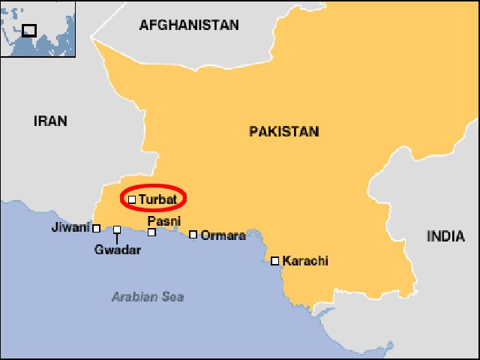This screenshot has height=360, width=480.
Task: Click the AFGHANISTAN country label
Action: tap(189, 25)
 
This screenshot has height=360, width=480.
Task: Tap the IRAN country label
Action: tap(50, 121)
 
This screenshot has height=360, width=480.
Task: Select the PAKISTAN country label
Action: tap(283, 131)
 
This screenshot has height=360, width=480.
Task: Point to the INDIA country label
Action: tap(445, 236)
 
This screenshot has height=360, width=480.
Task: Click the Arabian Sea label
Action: tap(148, 296)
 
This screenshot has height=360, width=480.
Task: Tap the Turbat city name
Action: tap(157, 199)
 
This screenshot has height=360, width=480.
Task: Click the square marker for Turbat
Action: tap(132, 199)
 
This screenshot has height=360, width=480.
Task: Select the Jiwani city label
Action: tap(70, 227)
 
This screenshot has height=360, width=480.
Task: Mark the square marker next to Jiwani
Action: tap(96, 228)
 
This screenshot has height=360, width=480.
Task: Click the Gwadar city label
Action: tap(118, 250)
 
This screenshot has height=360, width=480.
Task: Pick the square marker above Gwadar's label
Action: tap(117, 229)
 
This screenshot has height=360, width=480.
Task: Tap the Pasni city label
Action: tap(163, 221)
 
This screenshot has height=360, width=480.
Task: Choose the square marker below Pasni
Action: tap(151, 232)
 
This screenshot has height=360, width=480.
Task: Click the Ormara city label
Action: tap(223, 235)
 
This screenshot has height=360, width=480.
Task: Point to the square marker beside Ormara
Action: tap(193, 235)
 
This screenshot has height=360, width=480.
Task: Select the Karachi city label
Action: tap(305, 261)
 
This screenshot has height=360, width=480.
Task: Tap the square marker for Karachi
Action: tap(275, 261)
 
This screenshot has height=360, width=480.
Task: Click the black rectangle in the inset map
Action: tap(29, 30)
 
